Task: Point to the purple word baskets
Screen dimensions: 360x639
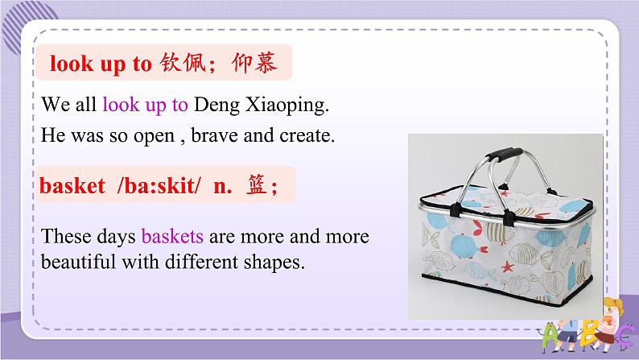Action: click(172, 238)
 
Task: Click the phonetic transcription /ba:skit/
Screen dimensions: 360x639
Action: click(151, 188)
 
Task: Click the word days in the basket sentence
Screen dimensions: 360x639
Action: click(113, 238)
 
